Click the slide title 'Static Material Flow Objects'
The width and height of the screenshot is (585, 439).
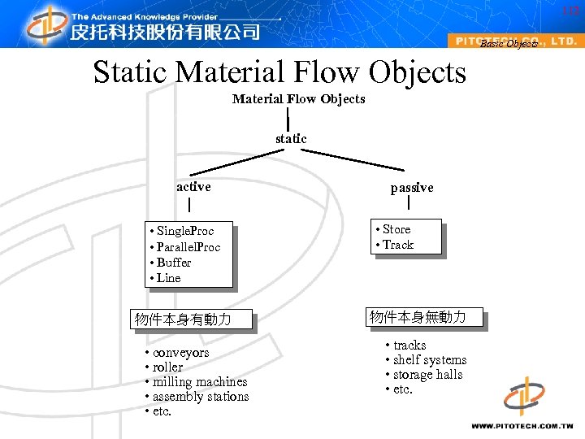pyautogui.click(x=279, y=72)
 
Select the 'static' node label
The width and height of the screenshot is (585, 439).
pyautogui.click(x=291, y=139)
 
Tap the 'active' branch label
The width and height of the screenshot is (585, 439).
pyautogui.click(x=193, y=187)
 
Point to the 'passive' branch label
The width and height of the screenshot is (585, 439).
pyautogui.click(x=412, y=188)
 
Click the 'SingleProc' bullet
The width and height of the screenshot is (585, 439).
pyautogui.click(x=184, y=231)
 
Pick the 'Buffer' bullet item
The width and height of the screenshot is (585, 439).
pyautogui.click(x=173, y=262)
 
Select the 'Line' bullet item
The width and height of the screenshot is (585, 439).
pyautogui.click(x=168, y=277)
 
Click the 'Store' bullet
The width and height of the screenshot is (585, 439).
pyautogui.click(x=396, y=229)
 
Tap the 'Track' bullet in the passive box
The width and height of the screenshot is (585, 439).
pyautogui.click(x=397, y=244)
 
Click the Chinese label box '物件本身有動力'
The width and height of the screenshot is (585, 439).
pyautogui.click(x=183, y=319)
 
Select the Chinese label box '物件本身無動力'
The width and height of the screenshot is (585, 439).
pyautogui.click(x=418, y=317)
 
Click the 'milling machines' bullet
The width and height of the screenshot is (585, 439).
pyautogui.click(x=200, y=382)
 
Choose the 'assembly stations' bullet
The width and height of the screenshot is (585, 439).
pyautogui.click(x=201, y=397)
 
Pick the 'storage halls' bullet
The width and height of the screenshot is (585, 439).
pyautogui.click(x=427, y=375)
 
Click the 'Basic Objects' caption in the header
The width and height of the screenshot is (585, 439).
pyautogui.click(x=509, y=44)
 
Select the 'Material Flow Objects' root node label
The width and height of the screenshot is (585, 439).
pyautogui.click(x=298, y=99)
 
